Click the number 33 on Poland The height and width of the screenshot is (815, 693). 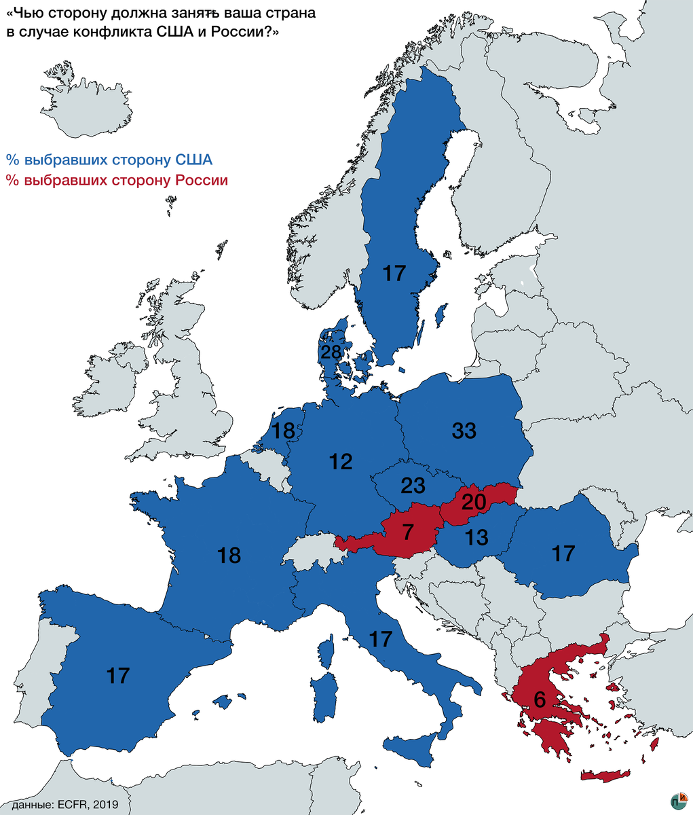pyautogui.click(x=464, y=431)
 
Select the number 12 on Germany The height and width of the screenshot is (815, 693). pyautogui.click(x=341, y=462)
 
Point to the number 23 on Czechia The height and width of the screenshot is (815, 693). pyautogui.click(x=413, y=486)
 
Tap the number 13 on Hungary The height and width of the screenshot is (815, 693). pyautogui.click(x=476, y=538)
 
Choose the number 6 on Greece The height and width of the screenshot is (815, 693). pyautogui.click(x=540, y=699)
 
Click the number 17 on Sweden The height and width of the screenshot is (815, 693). pyautogui.click(x=394, y=274)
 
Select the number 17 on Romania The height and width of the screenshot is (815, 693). pyautogui.click(x=563, y=554)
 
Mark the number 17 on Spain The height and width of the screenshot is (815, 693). pyautogui.click(x=118, y=675)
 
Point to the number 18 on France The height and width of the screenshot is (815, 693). pyautogui.click(x=229, y=556)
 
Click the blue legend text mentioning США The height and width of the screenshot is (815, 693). pyautogui.click(x=109, y=160)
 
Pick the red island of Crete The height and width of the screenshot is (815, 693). pyautogui.click(x=606, y=776)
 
